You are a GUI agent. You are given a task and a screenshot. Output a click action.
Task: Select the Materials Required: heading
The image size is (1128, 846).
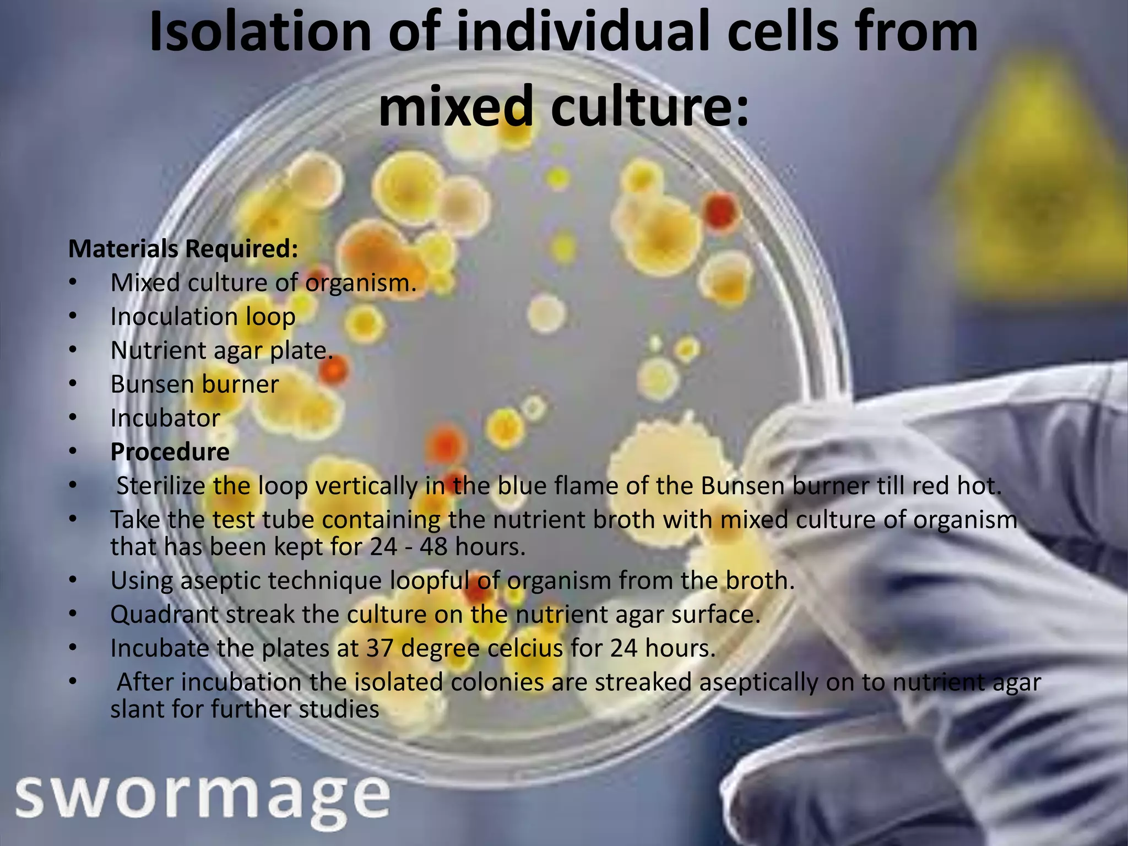(183, 249)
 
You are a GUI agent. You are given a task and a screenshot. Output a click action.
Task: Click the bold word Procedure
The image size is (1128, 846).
(170, 452)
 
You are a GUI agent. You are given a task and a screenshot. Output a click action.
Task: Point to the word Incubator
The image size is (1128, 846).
(165, 418)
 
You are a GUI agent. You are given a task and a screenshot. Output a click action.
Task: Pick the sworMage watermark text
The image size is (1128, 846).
(203, 797)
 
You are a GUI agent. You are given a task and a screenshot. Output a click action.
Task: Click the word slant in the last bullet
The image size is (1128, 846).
(137, 709)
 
